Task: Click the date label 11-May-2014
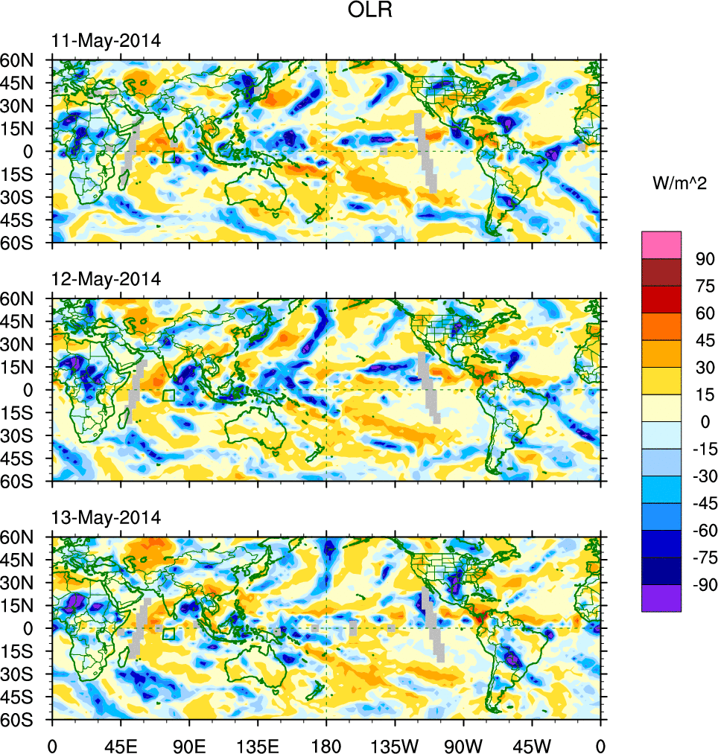(106, 41)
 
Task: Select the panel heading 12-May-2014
(106, 279)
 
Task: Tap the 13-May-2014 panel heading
(106, 517)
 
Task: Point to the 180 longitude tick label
(326, 744)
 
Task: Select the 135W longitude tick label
(395, 744)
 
